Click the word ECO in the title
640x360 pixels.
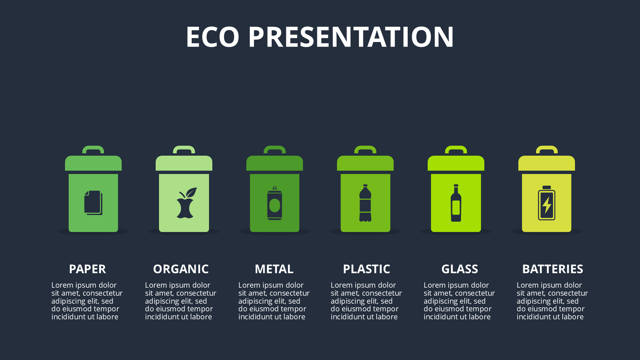[x=213, y=37]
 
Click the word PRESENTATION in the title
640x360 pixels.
[x=351, y=37]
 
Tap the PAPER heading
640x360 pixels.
[x=87, y=269]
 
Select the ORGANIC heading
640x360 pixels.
[x=181, y=269]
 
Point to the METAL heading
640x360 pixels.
[x=274, y=269]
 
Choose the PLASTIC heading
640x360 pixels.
[x=366, y=269]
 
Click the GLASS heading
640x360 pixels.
[x=460, y=269]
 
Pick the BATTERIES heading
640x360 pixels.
[x=553, y=269]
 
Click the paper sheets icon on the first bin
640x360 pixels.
[x=93, y=203]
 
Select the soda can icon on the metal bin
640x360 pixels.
[x=275, y=203]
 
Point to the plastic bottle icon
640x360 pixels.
[x=365, y=203]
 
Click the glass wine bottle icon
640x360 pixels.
[x=456, y=203]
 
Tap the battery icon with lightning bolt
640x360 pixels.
[x=547, y=203]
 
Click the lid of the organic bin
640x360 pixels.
[x=184, y=163]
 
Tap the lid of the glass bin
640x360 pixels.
[x=456, y=163]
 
